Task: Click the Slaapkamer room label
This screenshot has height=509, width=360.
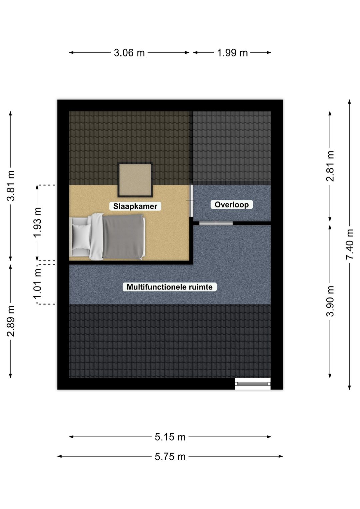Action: (135, 206)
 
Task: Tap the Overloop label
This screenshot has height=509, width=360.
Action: (231, 204)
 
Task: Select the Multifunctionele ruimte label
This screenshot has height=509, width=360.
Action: (169, 287)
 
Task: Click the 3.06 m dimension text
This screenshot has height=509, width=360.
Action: (129, 53)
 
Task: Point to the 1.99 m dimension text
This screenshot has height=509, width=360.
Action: (232, 53)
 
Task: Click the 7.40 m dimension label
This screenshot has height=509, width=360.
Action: (350, 244)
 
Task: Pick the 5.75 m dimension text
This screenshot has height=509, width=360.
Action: (170, 456)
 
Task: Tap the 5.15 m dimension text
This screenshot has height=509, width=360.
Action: (170, 437)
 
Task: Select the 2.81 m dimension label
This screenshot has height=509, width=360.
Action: (330, 166)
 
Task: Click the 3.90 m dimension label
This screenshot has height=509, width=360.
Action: (330, 301)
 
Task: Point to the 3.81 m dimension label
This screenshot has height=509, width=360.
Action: (10, 186)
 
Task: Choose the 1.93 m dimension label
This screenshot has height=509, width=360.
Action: (37, 223)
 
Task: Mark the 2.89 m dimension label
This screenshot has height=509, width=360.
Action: (10, 321)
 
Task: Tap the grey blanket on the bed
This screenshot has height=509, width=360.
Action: (123, 237)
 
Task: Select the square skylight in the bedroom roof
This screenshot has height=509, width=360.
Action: (135, 180)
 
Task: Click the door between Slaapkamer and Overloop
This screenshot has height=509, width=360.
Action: (191, 200)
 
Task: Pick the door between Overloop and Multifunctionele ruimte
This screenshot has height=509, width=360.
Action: (216, 223)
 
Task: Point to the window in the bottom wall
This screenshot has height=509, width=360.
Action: (253, 384)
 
